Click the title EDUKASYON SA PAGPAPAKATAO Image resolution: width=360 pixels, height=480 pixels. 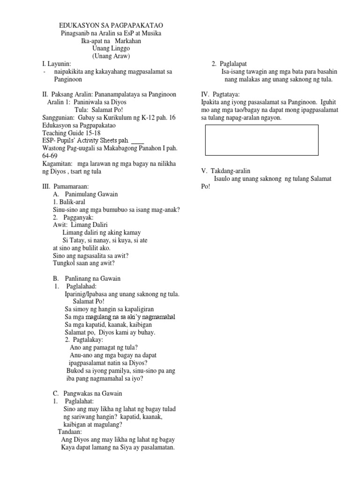(x=111, y=25)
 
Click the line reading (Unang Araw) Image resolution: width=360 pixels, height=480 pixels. (x=111, y=56)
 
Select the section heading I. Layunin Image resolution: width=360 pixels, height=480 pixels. (x=57, y=63)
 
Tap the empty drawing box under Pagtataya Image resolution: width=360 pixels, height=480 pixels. (x=262, y=140)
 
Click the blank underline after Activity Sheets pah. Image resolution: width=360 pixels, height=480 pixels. (x=138, y=140)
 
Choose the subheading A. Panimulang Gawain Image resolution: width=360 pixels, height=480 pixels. (x=86, y=194)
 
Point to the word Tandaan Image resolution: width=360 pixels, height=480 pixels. (x=70, y=432)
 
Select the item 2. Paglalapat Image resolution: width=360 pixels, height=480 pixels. (x=230, y=63)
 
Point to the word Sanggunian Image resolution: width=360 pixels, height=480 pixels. (x=59, y=117)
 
